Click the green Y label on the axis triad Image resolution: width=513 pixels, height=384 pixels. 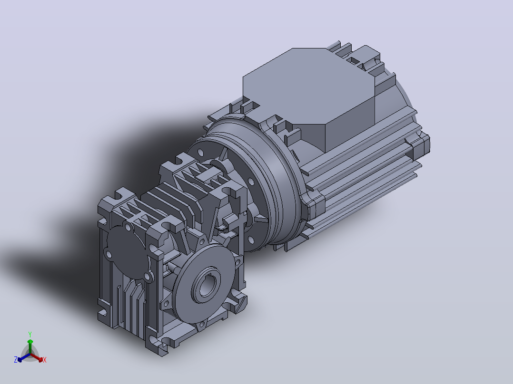[x=30, y=334]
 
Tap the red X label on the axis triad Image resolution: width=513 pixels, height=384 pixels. [x=45, y=360]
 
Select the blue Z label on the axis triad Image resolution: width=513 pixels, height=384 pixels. [x=15, y=359]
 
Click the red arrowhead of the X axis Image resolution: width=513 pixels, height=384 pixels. [x=40, y=359]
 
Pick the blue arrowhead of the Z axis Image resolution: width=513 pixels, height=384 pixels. [x=20, y=359]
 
